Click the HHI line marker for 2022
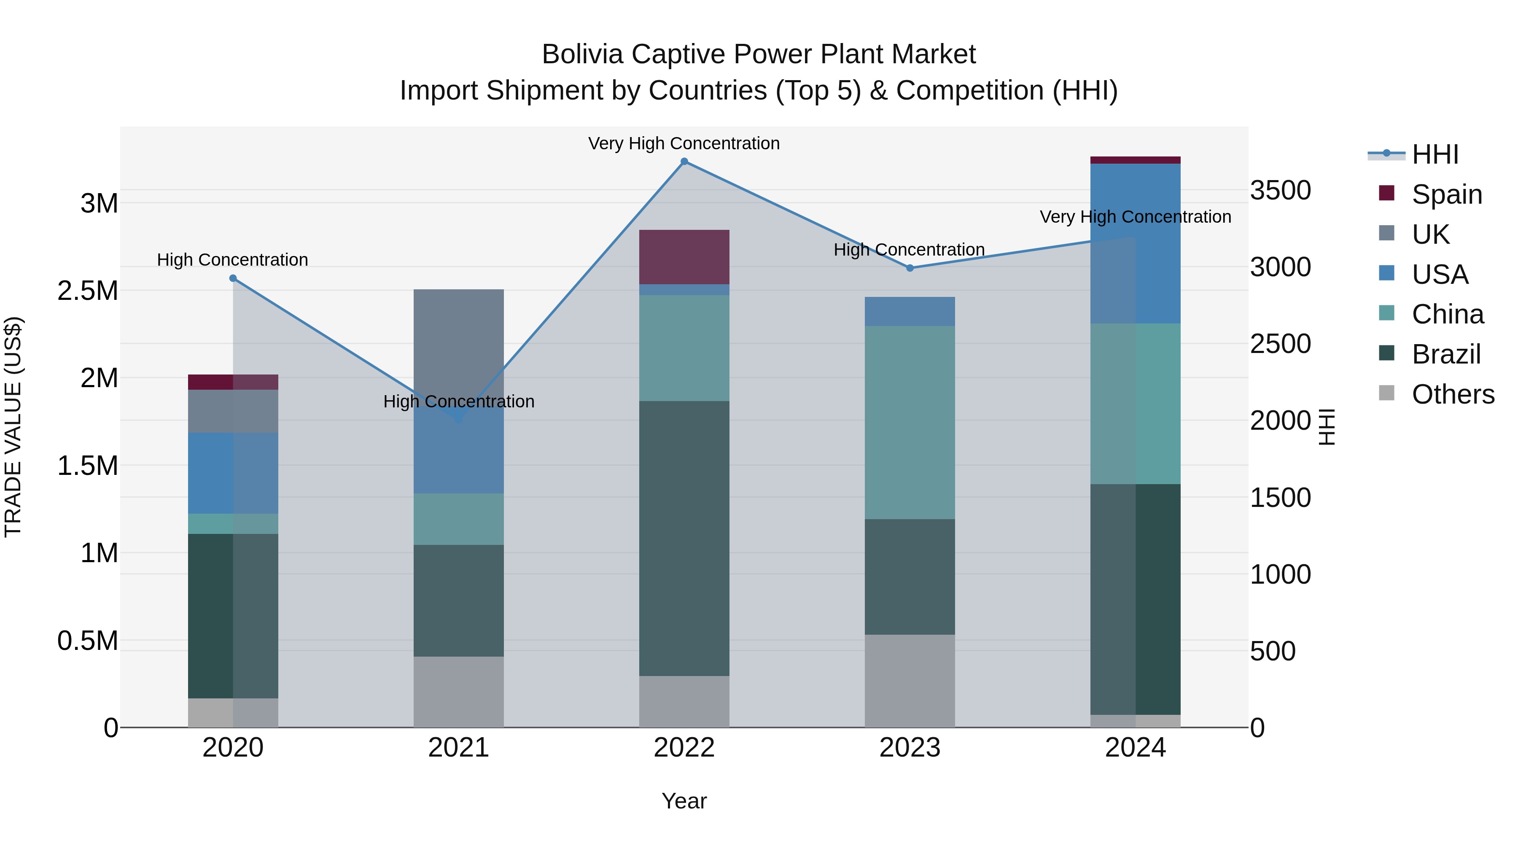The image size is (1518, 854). [x=684, y=162]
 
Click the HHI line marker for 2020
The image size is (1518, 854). [x=233, y=278]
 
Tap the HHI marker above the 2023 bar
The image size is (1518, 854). [x=910, y=268]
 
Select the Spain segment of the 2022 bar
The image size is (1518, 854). [x=684, y=257]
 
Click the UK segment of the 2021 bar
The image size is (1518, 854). [x=458, y=342]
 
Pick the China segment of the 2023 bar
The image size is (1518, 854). [x=910, y=422]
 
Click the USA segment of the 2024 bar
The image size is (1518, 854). [x=1136, y=243]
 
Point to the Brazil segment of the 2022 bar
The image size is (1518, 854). [x=684, y=538]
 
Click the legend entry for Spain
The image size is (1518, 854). [x=1447, y=194]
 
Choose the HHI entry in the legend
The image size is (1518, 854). [x=1435, y=154]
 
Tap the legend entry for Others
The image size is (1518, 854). [x=1453, y=394]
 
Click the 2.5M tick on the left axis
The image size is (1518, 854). [x=88, y=291]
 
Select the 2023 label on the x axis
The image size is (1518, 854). [x=910, y=748]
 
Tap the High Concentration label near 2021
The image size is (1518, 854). [x=458, y=402]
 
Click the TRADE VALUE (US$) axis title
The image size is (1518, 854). [x=13, y=427]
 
